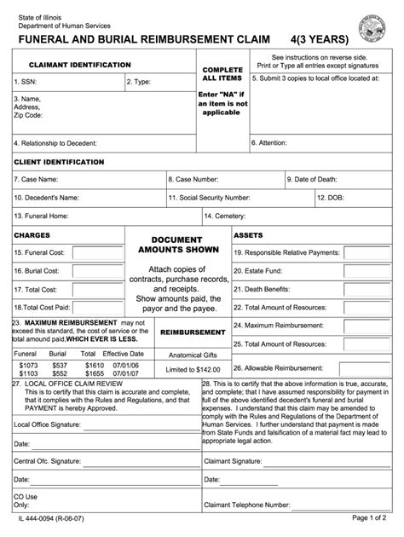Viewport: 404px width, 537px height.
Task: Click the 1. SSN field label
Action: pos(26,82)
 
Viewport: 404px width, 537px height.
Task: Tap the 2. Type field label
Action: pos(139,82)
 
